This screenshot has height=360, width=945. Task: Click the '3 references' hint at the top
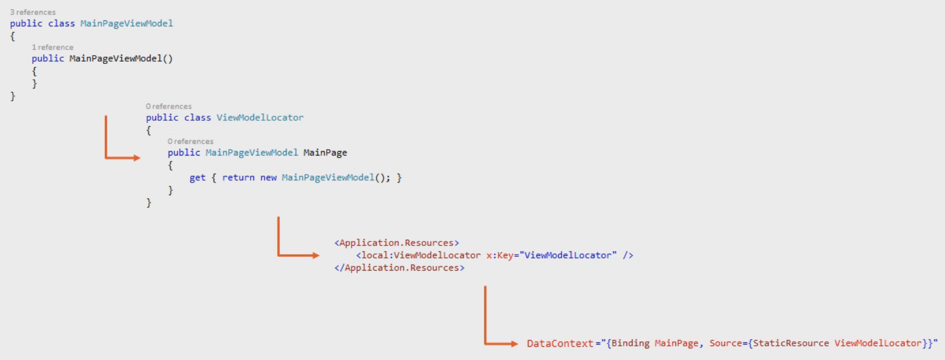pos(33,12)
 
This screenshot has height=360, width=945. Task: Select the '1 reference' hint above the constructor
pos(52,47)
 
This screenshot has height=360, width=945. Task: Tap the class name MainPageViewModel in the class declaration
pos(127,23)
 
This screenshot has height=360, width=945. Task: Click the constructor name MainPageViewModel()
pos(121,58)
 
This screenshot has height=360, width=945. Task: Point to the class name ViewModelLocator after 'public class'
pos(260,117)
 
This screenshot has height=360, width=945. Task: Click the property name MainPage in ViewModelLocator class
pos(325,153)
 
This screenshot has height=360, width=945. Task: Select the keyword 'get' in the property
pos(197,178)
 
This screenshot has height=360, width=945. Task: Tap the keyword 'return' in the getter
pos(238,178)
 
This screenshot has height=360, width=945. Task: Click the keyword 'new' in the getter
pos(268,178)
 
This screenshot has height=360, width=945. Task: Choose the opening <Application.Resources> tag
pos(397,243)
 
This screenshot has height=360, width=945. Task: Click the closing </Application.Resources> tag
pos(399,268)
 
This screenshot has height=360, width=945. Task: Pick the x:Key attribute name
pos(500,255)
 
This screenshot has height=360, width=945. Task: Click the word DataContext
pos(560,343)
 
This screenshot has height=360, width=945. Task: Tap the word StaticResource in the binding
pos(791,343)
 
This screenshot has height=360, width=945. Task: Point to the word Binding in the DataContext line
pos(630,343)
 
